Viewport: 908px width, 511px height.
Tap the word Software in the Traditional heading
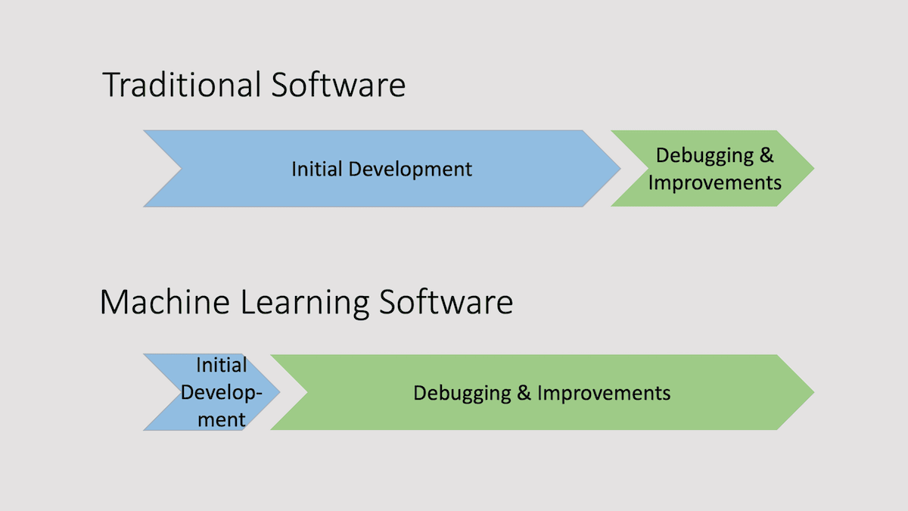(x=338, y=84)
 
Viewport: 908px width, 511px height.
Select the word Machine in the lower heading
(x=165, y=302)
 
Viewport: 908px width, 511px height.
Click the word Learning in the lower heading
(x=305, y=304)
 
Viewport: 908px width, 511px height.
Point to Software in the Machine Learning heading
(x=446, y=302)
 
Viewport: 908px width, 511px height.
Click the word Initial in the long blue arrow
(x=317, y=169)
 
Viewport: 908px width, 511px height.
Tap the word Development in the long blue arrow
(x=410, y=170)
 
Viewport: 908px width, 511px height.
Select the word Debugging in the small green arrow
(x=704, y=156)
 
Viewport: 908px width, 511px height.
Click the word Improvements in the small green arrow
(x=714, y=183)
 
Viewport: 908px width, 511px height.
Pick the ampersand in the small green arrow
(x=767, y=155)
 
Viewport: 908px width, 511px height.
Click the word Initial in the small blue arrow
(x=221, y=365)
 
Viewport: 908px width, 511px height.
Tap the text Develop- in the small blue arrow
(x=221, y=393)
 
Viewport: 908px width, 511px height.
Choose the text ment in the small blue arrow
(x=221, y=419)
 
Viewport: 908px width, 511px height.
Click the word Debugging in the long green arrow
(x=462, y=394)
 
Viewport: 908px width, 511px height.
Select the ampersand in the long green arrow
(x=524, y=393)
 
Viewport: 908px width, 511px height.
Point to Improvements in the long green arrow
(x=604, y=394)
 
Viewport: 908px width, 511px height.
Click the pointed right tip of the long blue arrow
(x=620, y=168)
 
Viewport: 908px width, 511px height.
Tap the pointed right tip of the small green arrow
(x=814, y=168)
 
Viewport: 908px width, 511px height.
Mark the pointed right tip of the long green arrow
(x=814, y=392)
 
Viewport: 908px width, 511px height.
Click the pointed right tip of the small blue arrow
(x=280, y=392)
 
